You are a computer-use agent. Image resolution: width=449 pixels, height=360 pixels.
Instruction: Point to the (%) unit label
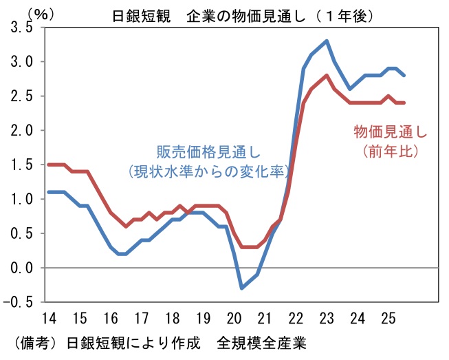24,12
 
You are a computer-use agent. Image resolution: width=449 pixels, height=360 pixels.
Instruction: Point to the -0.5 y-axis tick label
19,301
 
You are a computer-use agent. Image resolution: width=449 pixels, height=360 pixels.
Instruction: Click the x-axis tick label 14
50,319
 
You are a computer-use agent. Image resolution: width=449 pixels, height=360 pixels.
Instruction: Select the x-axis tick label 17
142,319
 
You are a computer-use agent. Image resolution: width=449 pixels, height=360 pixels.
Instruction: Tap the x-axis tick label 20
234,319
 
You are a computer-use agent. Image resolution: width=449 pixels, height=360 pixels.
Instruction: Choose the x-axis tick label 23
326,319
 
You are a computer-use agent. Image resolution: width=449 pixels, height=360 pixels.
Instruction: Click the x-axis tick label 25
387,319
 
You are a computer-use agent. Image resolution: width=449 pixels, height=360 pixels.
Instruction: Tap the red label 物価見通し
390,131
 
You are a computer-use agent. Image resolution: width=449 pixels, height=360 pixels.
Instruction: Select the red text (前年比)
390,149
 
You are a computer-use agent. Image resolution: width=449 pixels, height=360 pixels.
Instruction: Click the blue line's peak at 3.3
326,41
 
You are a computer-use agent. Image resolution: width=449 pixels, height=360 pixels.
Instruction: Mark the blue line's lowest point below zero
241,288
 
